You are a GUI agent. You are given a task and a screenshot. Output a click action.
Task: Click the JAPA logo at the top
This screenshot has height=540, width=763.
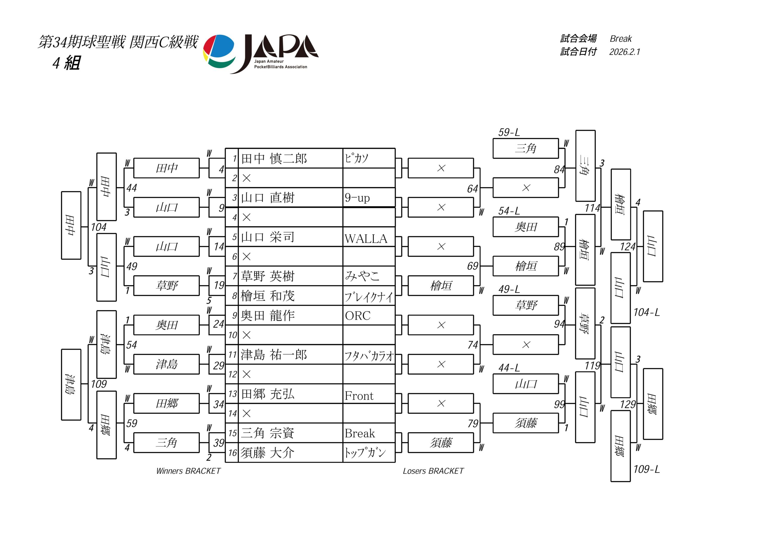click(x=261, y=54)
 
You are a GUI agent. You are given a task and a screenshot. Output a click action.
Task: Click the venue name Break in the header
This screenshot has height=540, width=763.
click(x=621, y=39)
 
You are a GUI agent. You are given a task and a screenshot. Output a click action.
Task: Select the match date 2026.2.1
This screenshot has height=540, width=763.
click(x=624, y=52)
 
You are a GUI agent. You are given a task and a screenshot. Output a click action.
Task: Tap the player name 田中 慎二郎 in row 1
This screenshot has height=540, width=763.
click(x=274, y=159)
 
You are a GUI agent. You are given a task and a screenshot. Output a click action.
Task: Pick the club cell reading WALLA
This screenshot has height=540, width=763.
click(x=366, y=239)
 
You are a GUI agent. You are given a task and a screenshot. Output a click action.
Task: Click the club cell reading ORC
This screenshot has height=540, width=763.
click(x=358, y=315)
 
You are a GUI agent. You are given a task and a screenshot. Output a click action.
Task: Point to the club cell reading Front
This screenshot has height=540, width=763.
click(x=359, y=396)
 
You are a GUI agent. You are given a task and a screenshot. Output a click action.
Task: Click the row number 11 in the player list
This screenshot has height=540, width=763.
click(x=232, y=355)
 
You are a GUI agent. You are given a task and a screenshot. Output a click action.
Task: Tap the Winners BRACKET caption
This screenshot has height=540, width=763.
click(x=188, y=471)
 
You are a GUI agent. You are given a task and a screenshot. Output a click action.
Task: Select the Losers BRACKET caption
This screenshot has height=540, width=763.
click(x=433, y=471)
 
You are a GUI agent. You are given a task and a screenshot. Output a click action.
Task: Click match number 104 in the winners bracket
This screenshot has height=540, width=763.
click(x=99, y=228)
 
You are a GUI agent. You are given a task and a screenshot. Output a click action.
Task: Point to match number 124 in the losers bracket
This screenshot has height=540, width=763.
click(x=627, y=247)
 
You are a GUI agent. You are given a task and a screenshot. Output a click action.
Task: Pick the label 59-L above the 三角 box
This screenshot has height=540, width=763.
click(x=509, y=133)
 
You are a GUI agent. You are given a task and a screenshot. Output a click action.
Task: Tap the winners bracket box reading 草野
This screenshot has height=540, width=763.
click(x=167, y=286)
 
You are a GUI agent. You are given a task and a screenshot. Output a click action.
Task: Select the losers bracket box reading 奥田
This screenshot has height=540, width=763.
click(x=525, y=227)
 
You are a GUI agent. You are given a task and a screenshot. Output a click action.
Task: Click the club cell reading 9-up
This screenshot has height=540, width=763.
click(x=357, y=198)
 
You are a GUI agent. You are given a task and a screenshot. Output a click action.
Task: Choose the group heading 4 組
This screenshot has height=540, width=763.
click(x=66, y=63)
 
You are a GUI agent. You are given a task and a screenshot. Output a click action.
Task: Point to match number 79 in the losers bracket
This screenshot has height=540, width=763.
click(x=473, y=424)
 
